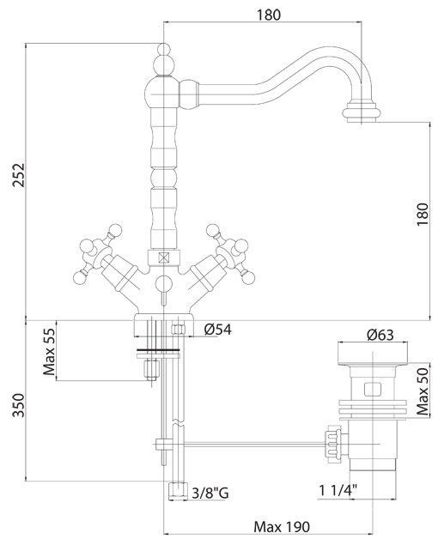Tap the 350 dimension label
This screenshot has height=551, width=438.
pos(19,405)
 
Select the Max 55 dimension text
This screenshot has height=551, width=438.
pos(49,351)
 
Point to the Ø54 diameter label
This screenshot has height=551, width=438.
pos(217,330)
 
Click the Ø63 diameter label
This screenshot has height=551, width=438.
pos(380,335)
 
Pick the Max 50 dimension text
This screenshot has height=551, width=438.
pos(423,391)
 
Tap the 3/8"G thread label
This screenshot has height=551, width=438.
pos(210,493)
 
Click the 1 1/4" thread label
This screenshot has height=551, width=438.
pos(338,490)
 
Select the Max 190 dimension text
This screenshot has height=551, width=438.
pos(282,527)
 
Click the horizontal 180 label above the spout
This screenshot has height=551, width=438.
pos(269,15)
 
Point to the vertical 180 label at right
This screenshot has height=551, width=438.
pos(423,215)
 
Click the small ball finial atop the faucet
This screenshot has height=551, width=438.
pos(163,49)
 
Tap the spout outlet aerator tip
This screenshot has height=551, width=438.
pos(362,113)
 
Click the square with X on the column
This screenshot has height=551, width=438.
pos(164,258)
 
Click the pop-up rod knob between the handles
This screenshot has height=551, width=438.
pos(163,283)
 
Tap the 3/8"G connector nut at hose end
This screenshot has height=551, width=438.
pos(179,491)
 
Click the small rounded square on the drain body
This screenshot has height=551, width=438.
pos(372,390)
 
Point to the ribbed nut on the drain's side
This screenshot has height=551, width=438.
pos(333,445)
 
